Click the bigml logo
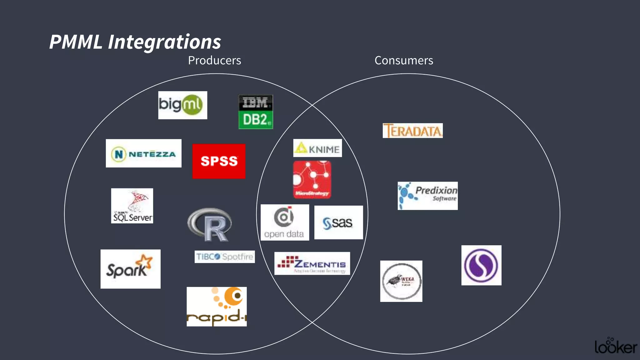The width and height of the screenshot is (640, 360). point(182,105)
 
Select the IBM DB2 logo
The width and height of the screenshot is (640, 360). point(256,112)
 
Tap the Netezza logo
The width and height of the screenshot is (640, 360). point(143,153)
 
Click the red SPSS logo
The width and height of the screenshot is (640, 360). point(219,161)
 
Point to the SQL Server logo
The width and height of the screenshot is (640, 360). point(132,206)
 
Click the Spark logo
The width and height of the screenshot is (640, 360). point(130,269)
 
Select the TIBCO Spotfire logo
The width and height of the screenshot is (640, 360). point(224,257)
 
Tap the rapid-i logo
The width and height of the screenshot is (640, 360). point(217,307)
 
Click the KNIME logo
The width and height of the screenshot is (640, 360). point(317,148)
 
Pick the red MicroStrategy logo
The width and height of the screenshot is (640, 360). point(312,180)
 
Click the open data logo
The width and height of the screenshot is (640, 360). point(285,222)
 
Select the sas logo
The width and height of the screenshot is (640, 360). point(338,222)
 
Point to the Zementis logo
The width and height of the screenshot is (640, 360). point(312,263)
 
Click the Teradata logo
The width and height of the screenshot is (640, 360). point(412,131)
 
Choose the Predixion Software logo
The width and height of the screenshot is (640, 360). point(427,196)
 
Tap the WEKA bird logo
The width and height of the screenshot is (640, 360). point(401,281)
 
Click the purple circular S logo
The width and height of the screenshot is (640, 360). point(481,265)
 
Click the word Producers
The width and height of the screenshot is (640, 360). point(214,60)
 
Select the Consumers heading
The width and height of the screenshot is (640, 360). point(404,60)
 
